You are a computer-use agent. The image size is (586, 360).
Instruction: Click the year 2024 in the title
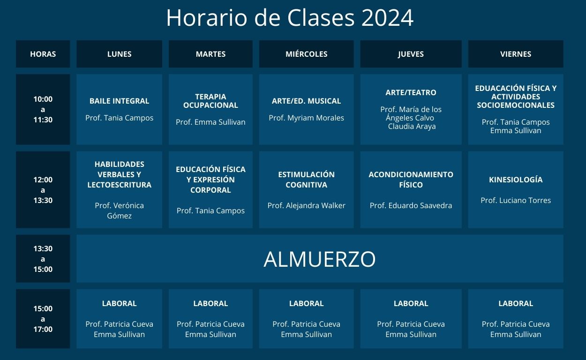click(x=387, y=18)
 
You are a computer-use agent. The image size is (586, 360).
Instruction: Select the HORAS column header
click(x=43, y=54)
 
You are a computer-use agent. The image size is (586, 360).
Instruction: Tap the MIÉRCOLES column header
click(x=306, y=54)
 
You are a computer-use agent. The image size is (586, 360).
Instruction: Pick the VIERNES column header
click(x=516, y=54)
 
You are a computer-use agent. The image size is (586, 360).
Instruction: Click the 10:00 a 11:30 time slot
click(x=43, y=109)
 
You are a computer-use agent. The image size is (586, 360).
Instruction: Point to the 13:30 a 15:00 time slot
click(x=43, y=259)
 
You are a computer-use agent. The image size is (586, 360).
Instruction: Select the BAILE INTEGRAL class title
click(x=119, y=101)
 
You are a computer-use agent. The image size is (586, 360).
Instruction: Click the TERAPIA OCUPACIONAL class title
click(x=210, y=101)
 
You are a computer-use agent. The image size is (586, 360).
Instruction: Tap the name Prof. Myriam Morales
click(x=306, y=118)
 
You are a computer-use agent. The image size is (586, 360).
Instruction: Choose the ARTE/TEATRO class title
click(x=411, y=92)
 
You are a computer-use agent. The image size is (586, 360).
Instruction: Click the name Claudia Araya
click(x=412, y=127)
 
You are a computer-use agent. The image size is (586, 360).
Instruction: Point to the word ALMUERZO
click(x=319, y=259)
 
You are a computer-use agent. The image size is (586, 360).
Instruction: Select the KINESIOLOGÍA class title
click(x=516, y=180)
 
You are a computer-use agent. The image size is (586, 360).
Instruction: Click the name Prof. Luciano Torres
click(x=516, y=201)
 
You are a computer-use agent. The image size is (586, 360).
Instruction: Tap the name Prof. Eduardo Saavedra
click(x=411, y=206)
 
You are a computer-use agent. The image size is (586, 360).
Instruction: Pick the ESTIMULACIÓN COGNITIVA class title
click(x=306, y=180)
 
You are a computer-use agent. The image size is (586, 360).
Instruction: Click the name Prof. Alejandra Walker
click(x=306, y=206)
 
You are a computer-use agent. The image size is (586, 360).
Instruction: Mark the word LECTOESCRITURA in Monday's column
click(x=119, y=185)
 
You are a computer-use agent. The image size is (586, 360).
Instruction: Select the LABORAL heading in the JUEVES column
click(x=411, y=303)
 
